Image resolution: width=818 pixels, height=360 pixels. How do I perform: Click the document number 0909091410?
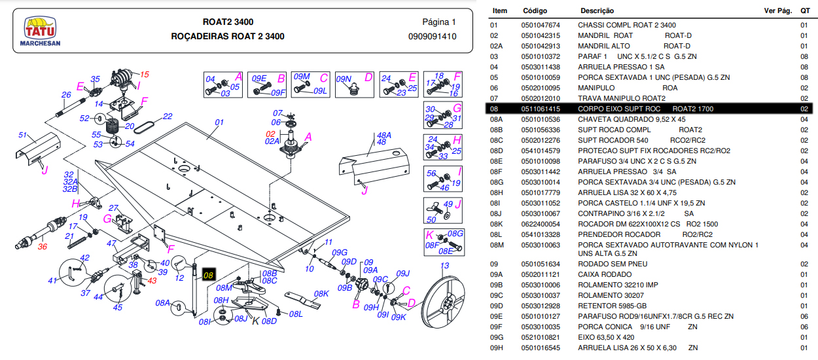point(432,36)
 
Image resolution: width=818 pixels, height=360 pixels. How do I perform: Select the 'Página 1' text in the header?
point(438,22)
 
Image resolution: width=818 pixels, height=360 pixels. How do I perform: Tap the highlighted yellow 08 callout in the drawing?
point(209,276)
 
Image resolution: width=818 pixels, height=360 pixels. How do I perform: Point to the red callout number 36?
point(43,247)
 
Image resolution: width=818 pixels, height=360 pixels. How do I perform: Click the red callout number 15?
point(145,74)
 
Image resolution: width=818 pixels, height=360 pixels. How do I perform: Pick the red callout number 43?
point(152,280)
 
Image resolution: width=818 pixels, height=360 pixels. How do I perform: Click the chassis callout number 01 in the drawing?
point(219,122)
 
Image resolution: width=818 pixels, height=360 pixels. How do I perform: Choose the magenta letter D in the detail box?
point(368,77)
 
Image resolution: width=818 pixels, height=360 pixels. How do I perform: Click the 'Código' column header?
point(535,11)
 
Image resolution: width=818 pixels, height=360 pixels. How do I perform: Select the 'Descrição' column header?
point(597,11)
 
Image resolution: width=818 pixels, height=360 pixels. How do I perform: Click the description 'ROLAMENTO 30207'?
point(609,295)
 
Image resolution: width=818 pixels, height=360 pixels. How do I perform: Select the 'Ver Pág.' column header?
point(778,11)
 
